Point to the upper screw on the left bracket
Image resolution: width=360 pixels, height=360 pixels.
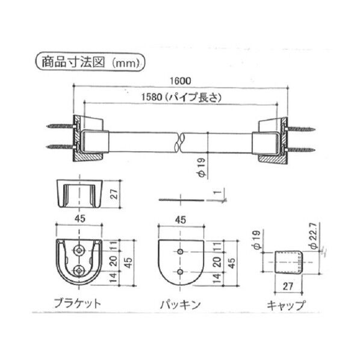[59, 127]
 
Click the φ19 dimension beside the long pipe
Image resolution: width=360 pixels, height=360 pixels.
[204, 167]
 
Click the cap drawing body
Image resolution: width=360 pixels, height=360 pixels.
[287, 262]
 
